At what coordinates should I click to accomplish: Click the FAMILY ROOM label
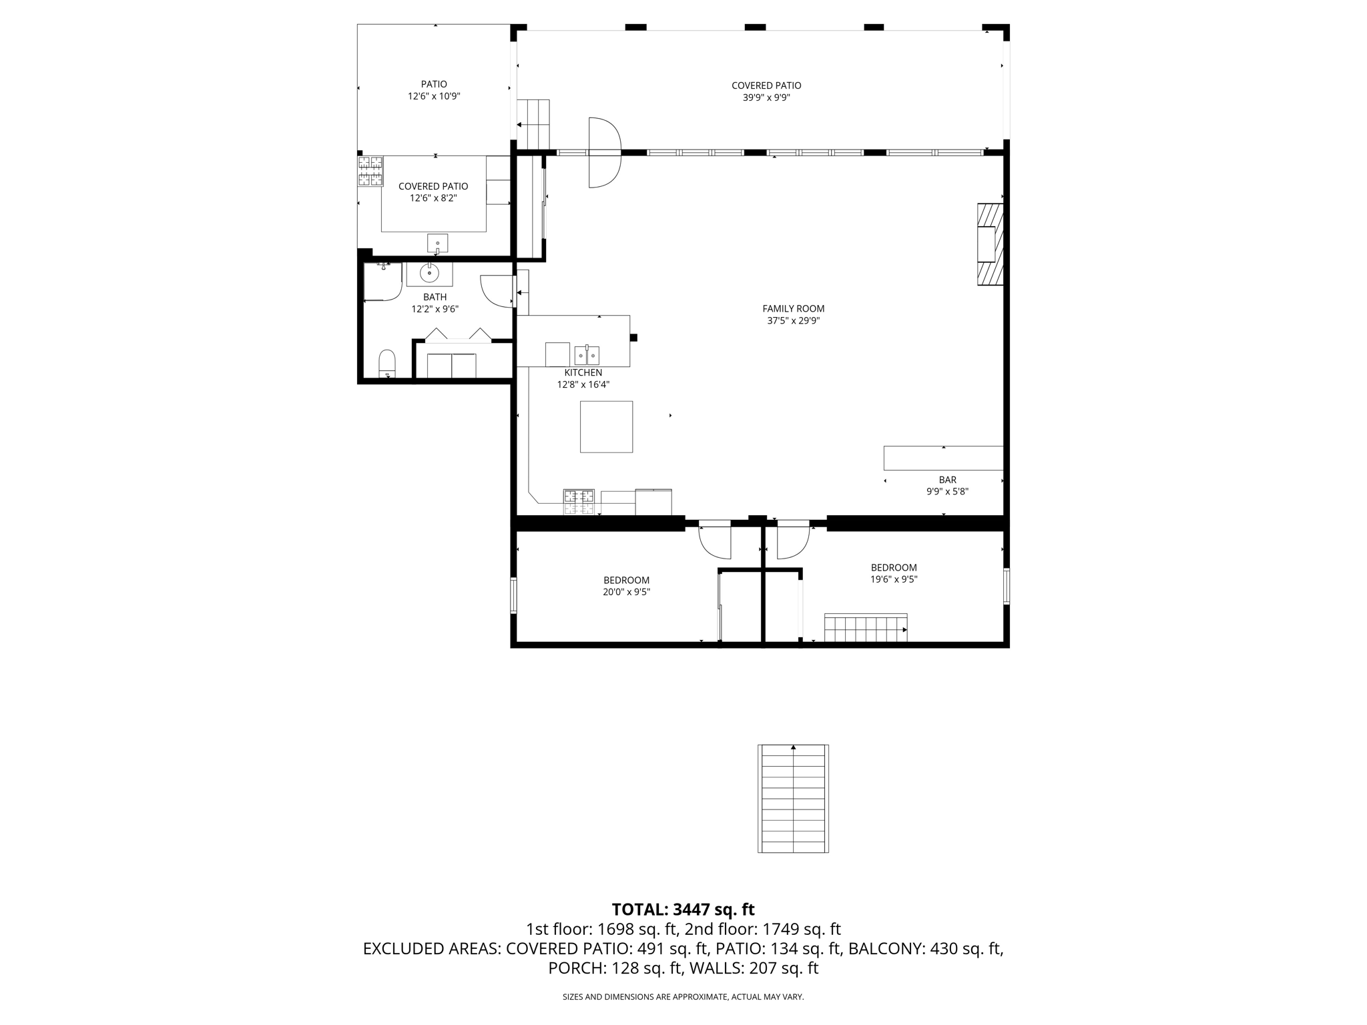point(793,308)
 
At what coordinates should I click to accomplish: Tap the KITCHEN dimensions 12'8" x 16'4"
point(583,385)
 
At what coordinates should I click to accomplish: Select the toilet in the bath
point(386,363)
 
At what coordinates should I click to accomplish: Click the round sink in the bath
point(429,273)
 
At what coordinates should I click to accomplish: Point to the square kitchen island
point(606,426)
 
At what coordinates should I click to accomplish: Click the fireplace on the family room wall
point(990,244)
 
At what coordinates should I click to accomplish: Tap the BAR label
point(947,480)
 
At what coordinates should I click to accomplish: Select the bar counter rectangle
point(942,458)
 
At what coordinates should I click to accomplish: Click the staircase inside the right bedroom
point(865,629)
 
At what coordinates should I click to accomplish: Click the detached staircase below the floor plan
point(793,798)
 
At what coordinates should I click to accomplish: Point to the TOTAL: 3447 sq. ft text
point(683,910)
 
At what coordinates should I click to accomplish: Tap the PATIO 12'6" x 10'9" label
point(434,90)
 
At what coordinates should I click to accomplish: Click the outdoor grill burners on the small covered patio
point(370,171)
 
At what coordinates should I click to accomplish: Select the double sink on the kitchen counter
point(587,355)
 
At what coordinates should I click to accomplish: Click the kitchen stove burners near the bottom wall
point(579,502)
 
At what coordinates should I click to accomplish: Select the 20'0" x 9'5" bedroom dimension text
point(626,592)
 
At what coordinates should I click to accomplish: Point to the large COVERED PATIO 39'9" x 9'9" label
point(766,91)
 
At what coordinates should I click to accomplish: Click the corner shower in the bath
point(382,282)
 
